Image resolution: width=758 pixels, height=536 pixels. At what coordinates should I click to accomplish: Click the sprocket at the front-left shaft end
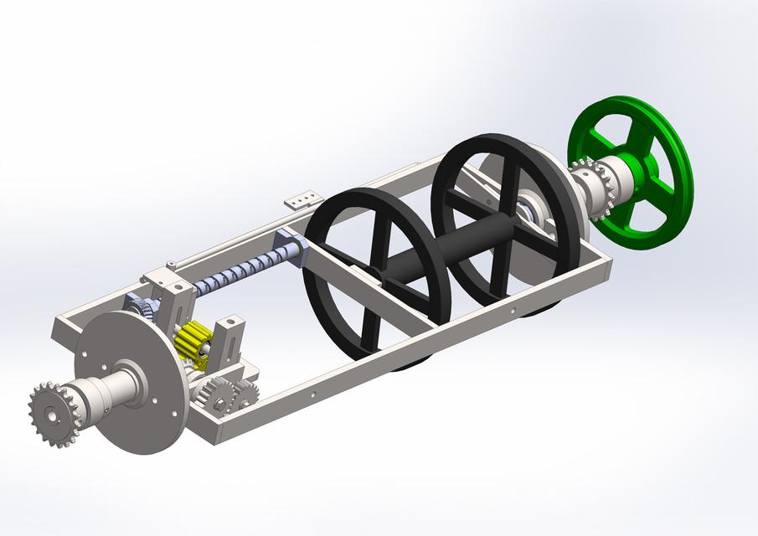52,413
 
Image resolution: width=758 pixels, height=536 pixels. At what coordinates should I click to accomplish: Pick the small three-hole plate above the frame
302,199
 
